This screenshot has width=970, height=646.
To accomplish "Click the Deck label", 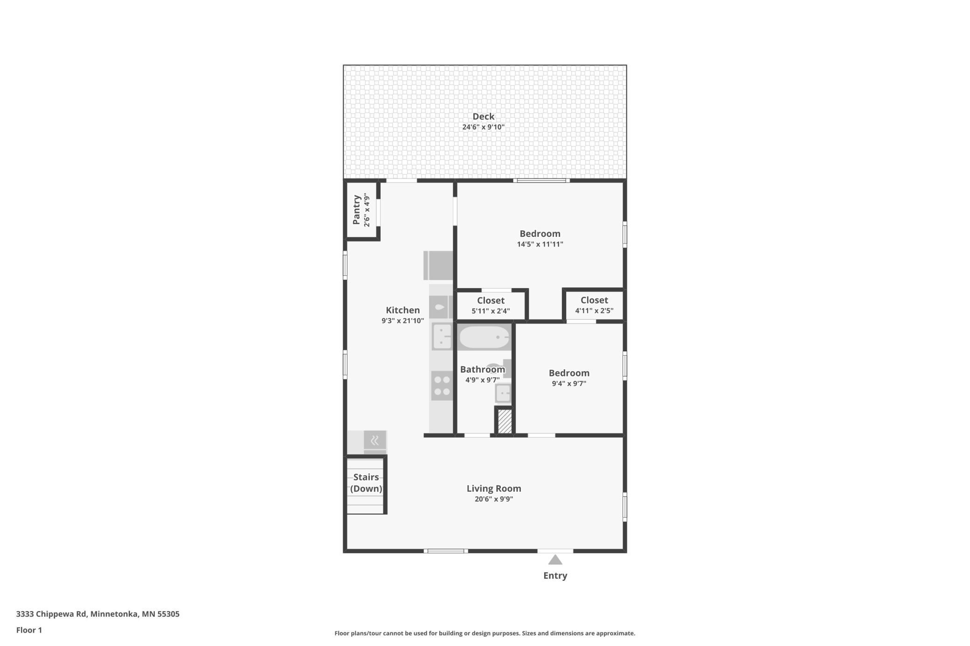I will click(483, 117).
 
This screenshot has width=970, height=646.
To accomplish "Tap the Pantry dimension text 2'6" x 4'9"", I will click(367, 210).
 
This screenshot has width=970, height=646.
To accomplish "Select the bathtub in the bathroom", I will click(484, 337).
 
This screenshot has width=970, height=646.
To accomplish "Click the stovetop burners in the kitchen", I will click(441, 385).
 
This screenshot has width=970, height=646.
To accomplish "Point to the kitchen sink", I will click(441, 336).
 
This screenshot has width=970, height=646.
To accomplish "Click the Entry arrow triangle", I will click(555, 560).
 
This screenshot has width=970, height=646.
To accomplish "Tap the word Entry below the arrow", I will click(555, 576).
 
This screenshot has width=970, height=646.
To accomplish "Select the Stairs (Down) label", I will click(366, 483).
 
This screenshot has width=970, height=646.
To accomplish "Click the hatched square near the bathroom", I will click(505, 421).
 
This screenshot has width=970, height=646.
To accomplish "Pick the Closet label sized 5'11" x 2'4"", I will click(491, 301).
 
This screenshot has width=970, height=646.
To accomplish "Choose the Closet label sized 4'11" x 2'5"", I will click(594, 300).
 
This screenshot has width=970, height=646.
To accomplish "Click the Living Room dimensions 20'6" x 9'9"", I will click(494, 499).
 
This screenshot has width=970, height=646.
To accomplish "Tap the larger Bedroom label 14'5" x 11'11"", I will click(540, 234).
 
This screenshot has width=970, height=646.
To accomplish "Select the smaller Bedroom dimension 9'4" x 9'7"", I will click(569, 384).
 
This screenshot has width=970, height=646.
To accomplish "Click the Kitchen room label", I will click(402, 310).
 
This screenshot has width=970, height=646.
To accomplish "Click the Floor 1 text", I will click(29, 630).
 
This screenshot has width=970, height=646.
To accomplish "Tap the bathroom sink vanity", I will click(503, 393).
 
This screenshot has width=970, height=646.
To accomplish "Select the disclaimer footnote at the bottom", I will click(485, 633).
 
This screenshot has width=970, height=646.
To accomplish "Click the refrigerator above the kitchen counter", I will click(438, 265).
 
